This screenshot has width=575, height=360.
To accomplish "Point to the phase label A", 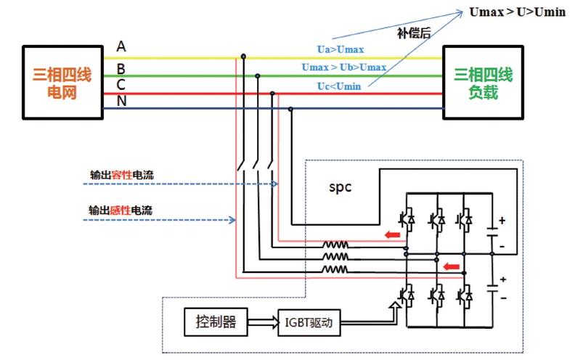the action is tap(121, 46).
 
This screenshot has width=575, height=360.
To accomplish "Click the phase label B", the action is tap(121, 68).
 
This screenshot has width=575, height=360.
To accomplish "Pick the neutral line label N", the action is tap(121, 101).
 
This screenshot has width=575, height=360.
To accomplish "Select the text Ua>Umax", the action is tap(340, 49).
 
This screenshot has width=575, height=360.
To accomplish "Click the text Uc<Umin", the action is tap(339, 86).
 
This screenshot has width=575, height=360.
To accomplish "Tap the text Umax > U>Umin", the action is tap(518, 12).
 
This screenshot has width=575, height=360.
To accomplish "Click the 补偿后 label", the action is tap(414, 33).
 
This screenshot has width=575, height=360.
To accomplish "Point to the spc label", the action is tap(340, 187).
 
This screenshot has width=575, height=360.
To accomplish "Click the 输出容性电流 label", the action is tap(122, 175).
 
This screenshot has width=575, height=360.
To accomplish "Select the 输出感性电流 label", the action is tap(121, 210).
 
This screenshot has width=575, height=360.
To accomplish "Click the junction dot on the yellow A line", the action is tap(243, 57).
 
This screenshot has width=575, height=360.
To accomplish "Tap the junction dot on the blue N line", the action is tap(290, 110).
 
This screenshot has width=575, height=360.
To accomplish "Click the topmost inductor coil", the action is tap(335, 245).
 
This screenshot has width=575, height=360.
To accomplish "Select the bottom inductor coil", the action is tap(335, 269).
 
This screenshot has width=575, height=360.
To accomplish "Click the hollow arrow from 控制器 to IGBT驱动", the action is tap(263, 322).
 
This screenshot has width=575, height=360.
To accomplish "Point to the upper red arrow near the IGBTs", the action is tap(392, 234).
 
